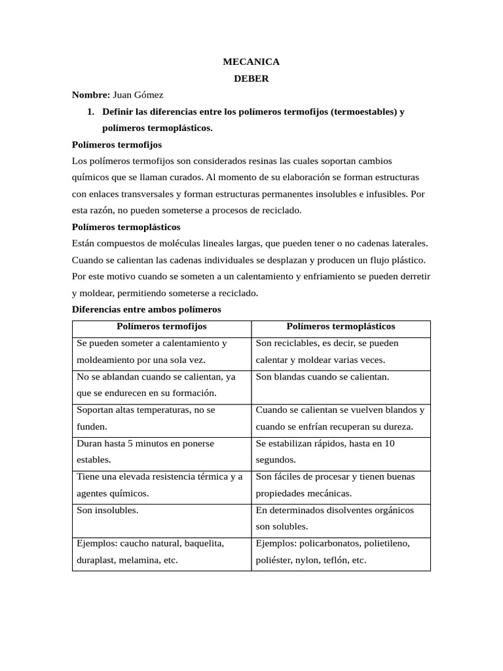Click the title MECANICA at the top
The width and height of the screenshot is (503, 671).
251,62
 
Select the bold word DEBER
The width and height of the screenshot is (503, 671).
251,79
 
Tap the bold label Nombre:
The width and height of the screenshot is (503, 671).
92,95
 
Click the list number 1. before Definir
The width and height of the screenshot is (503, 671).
91,112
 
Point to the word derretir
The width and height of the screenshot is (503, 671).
411,277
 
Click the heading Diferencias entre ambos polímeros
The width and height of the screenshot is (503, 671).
147,309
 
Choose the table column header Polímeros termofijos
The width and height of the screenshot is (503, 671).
162,326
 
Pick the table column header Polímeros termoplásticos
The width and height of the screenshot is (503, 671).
341,326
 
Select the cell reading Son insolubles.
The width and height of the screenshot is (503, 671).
107,510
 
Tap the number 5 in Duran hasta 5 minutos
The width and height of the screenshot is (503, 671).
130,444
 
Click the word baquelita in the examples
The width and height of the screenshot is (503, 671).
204,543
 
